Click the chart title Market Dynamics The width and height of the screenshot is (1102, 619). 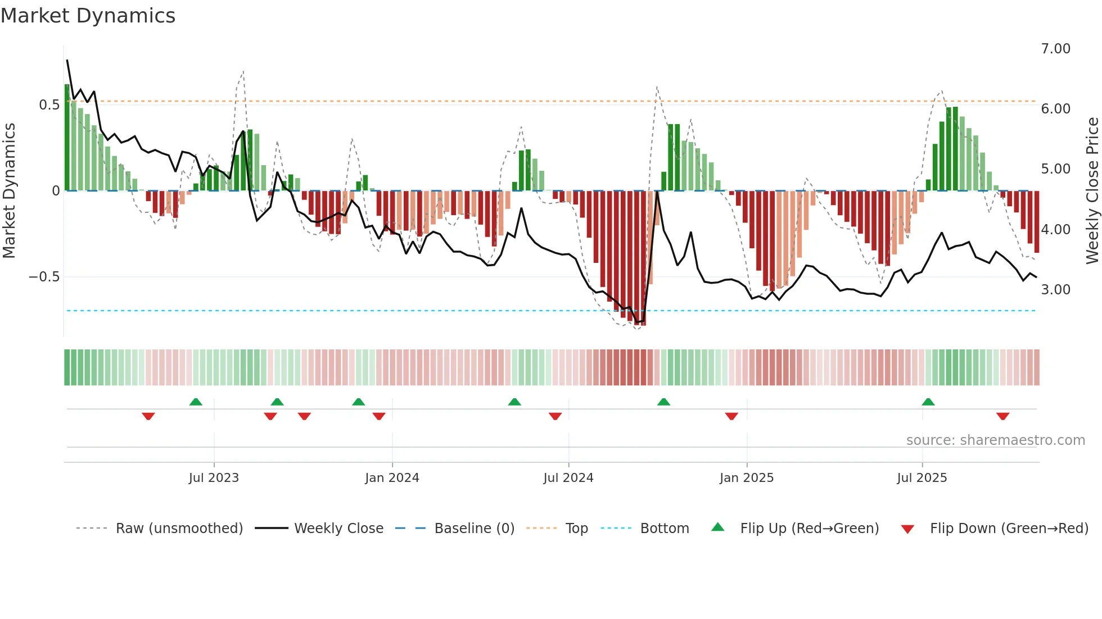88,16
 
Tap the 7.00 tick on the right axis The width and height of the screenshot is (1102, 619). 1055,49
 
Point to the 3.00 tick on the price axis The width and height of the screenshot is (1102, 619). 1055,290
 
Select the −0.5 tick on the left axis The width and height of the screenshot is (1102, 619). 44,277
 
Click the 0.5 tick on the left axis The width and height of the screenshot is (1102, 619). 49,105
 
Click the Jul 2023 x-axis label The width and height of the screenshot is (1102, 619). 214,478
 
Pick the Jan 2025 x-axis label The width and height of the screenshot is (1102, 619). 746,478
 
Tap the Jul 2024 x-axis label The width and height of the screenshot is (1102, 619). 568,478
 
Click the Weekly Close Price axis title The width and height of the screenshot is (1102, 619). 1092,191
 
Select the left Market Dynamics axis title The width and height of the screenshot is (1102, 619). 9,191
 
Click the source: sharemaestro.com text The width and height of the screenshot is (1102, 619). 995,440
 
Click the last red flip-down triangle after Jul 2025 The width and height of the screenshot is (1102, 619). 1002,416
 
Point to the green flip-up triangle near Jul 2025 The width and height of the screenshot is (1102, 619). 928,402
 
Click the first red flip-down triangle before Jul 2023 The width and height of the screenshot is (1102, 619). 148,416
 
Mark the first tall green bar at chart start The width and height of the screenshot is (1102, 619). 67,138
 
